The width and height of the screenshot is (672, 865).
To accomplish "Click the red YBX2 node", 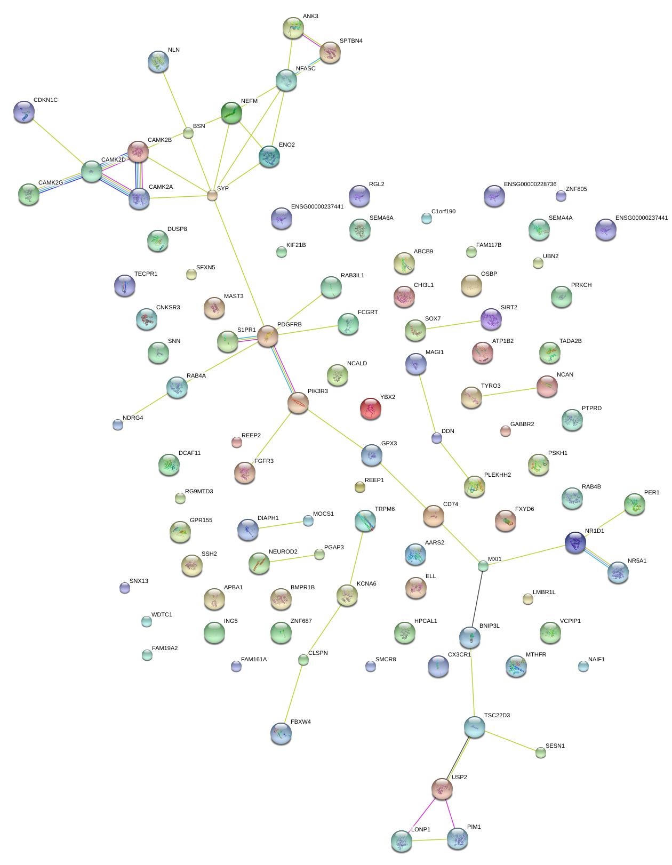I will tap(371, 409).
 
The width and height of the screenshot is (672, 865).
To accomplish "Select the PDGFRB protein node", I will tap(268, 336).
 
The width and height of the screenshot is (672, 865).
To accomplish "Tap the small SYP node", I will tap(212, 195).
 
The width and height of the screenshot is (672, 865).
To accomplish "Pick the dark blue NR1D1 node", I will tap(575, 542).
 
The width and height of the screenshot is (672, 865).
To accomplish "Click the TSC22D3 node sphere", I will tap(474, 727).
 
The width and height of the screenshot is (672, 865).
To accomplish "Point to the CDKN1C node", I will tap(24, 112).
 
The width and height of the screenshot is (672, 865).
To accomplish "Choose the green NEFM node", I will tap(231, 113).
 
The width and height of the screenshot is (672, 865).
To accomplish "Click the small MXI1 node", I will tap(483, 566).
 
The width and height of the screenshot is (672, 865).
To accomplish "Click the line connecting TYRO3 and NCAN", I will tap(509, 392).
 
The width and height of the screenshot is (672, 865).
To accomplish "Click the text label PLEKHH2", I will tap(497, 475).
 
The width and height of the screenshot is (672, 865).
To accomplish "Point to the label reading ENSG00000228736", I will tap(530, 185).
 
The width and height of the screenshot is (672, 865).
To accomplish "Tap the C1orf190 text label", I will tap(443, 211).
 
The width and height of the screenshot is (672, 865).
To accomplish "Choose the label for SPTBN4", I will tap(351, 41).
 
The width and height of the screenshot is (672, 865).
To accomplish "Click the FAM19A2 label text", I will tap(165, 648).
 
